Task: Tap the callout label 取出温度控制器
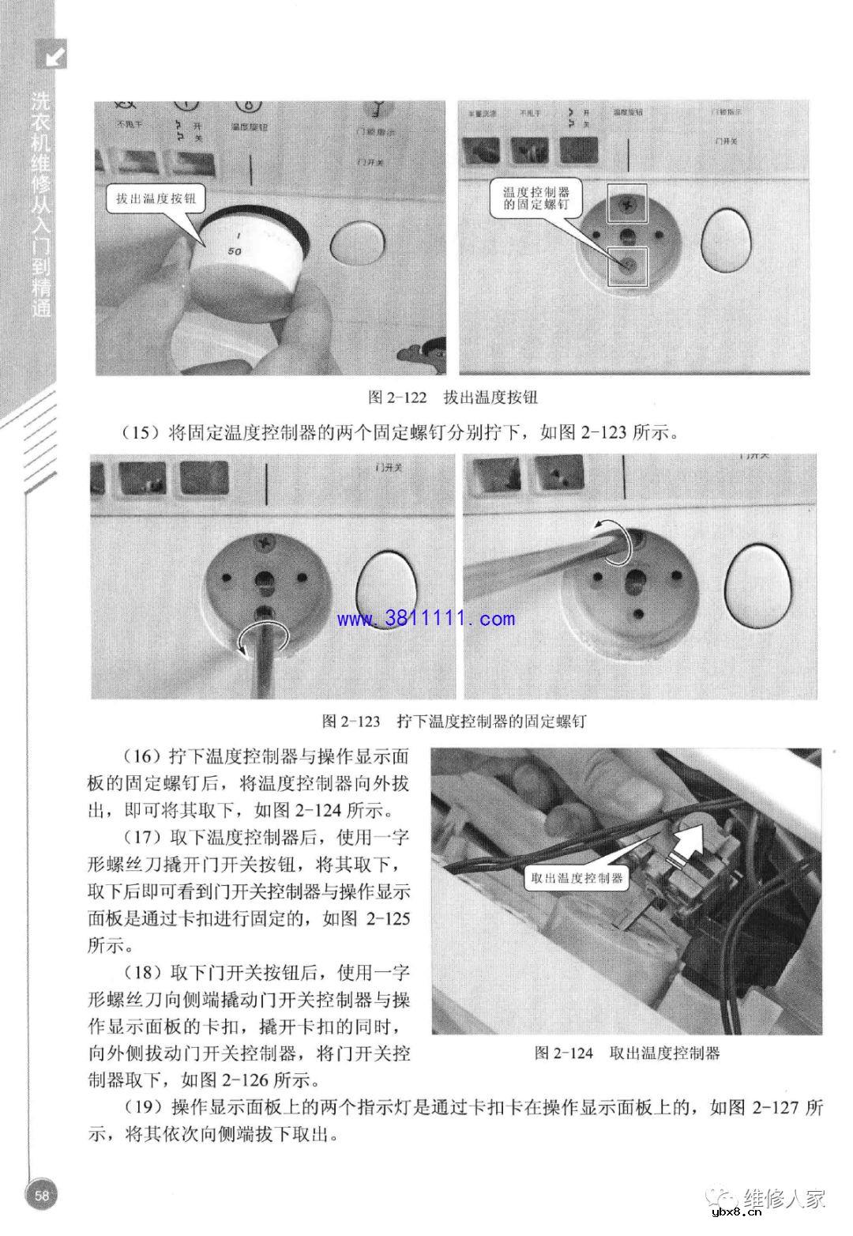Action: click(x=577, y=878)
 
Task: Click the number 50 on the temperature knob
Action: click(x=235, y=251)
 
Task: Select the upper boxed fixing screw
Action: click(x=626, y=204)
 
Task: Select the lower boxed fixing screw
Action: click(x=626, y=266)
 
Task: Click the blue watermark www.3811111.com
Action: click(x=426, y=619)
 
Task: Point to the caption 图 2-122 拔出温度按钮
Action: click(x=453, y=397)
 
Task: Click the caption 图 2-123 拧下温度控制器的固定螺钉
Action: click(x=453, y=721)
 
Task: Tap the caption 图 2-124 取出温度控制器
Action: click(x=626, y=1053)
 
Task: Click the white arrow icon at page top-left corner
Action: click(x=54, y=55)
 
